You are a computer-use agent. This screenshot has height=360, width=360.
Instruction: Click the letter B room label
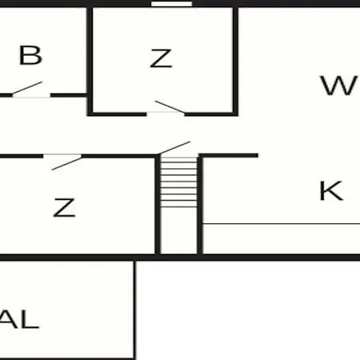pos(30,55)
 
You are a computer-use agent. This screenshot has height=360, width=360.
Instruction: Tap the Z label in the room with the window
pos(161,58)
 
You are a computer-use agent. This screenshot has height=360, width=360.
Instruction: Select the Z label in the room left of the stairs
pos(65,207)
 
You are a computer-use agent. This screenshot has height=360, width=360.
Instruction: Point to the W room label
pos(339,86)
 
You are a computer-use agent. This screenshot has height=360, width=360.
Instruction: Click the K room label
pos(331,190)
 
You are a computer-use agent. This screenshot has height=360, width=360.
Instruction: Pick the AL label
pos(19,319)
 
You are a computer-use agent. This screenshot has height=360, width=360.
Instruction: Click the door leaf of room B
pos(27,88)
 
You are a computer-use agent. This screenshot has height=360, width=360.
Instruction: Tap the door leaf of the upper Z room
pos(170,106)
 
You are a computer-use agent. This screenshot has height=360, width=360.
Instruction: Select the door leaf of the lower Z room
pos(66,163)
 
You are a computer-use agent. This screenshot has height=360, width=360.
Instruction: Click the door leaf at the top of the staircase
pos(174,148)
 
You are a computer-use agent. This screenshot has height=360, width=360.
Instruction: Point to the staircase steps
pos(178,182)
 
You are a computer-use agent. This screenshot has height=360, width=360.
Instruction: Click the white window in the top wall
pos(171,4)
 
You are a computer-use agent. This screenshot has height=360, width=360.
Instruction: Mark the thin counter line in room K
pos(282,224)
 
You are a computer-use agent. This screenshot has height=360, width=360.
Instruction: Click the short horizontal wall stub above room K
pos(228,155)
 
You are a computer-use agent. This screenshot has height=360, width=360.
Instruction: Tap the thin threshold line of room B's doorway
pos(31,97)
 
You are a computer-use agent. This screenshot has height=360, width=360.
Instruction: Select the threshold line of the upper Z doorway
pos(166,112)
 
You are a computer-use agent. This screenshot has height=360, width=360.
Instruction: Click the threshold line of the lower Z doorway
pos(62,154)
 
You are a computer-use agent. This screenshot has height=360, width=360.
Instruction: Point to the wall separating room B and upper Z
pos(90,62)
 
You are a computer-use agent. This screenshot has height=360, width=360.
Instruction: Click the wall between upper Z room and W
pos(235,62)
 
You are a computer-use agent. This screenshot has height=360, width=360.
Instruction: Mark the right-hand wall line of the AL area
pos(134,310)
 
